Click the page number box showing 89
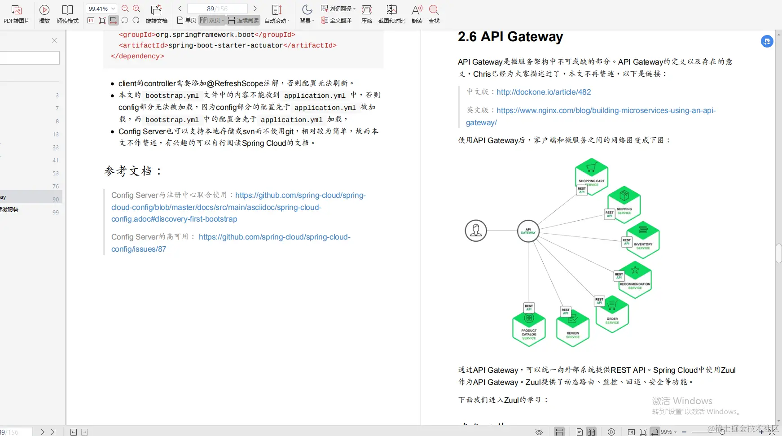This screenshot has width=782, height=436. pyautogui.click(x=217, y=9)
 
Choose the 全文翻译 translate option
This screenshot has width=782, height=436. pyautogui.click(x=336, y=21)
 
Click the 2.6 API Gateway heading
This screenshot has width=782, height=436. pyautogui.click(x=510, y=37)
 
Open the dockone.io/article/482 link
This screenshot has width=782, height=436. pyautogui.click(x=543, y=92)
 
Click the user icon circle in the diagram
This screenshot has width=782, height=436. pyautogui.click(x=476, y=231)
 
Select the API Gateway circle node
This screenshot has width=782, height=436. pyautogui.click(x=528, y=231)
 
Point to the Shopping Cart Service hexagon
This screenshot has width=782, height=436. pyautogui.click(x=592, y=176)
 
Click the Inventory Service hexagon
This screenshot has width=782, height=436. pyautogui.click(x=643, y=240)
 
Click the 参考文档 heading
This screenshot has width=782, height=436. pyautogui.click(x=133, y=171)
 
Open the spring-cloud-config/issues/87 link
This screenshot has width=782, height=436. pyautogui.click(x=231, y=243)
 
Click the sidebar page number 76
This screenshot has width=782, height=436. pyautogui.click(x=55, y=186)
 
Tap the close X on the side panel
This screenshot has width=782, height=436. pyautogui.click(x=54, y=40)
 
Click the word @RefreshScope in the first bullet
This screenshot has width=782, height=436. pyautogui.click(x=235, y=83)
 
